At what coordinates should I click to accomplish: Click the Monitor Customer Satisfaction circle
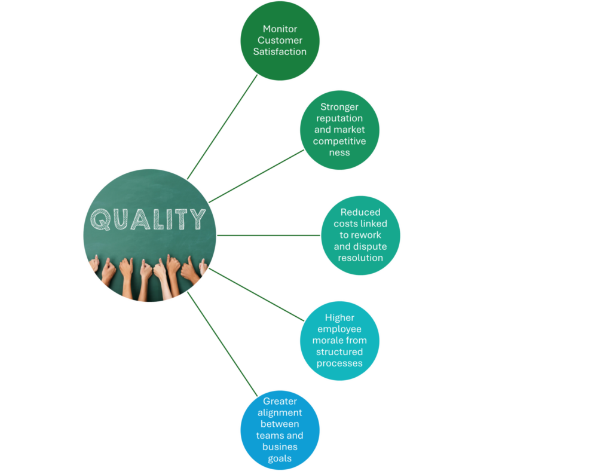click(280, 40)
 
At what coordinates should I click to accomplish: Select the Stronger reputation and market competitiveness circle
click(339, 130)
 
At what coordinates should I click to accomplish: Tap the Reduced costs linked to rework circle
click(360, 235)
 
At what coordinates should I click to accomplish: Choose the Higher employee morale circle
click(339, 341)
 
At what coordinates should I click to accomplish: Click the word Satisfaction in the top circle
click(280, 51)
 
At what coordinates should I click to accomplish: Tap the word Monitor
click(280, 29)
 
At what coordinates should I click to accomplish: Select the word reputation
click(339, 118)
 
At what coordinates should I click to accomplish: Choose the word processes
click(339, 363)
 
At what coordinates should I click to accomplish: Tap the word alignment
click(280, 412)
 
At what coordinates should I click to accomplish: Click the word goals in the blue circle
click(280, 458)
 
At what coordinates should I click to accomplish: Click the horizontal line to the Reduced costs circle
click(269, 235)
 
